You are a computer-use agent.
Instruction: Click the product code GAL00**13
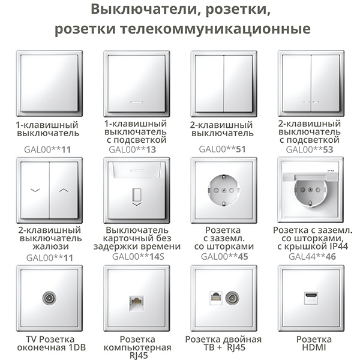[x=132, y=149]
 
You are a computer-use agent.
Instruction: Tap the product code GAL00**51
[x=222, y=149]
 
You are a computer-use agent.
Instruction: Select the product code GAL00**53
[x=309, y=149]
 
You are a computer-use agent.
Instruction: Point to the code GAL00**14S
[x=138, y=256]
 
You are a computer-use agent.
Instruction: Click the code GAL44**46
[x=312, y=256]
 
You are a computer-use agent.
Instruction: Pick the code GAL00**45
[x=224, y=256]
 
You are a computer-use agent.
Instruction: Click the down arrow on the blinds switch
[x=35, y=190]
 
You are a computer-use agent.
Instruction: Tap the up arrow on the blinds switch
[x=64, y=190]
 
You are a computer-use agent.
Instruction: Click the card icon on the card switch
[x=137, y=194]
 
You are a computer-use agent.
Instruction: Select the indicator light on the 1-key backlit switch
[x=136, y=102]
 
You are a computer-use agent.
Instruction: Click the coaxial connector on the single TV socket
[x=49, y=298]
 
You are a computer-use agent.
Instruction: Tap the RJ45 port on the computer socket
[x=137, y=303]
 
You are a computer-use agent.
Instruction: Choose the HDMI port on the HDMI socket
[x=311, y=298]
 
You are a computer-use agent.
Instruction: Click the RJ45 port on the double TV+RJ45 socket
[x=216, y=298]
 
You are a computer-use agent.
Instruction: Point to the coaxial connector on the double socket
[x=232, y=298]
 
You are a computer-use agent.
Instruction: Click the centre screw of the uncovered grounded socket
[x=224, y=190]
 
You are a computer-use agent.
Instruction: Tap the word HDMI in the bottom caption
[x=314, y=347]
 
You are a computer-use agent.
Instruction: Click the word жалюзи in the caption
[x=51, y=246]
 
